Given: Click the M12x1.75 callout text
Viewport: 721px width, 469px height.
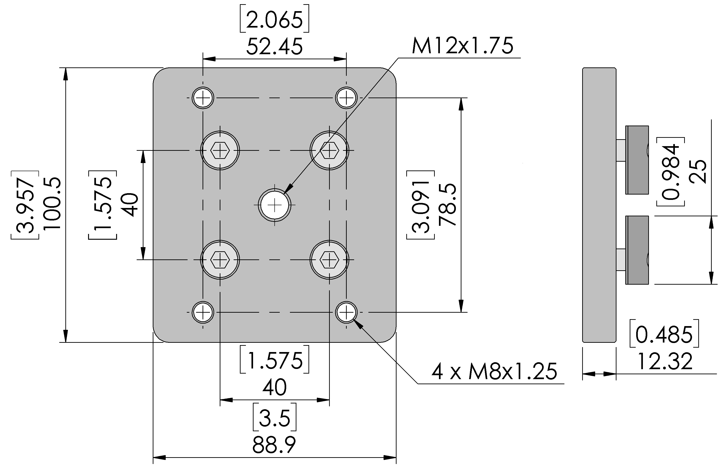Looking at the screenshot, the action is (462, 46).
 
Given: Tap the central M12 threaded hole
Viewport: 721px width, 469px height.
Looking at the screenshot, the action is (274, 205).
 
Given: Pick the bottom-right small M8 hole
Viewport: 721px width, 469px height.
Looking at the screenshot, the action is (346, 312).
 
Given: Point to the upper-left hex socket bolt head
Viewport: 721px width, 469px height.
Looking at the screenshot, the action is (220, 150).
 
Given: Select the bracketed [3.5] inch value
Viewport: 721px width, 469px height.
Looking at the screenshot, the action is (274, 417).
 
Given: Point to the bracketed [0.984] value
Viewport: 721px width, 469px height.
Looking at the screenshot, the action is (670, 172).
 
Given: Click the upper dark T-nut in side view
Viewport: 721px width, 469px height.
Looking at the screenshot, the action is (637, 160).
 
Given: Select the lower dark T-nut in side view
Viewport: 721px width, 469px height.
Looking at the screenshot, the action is (637, 250).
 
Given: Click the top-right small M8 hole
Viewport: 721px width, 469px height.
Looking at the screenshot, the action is (346, 98).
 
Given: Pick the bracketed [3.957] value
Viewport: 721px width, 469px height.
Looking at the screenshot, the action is (25, 205).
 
